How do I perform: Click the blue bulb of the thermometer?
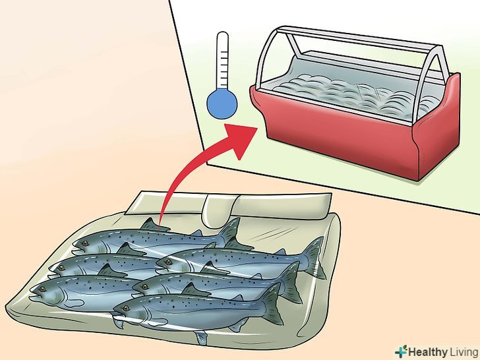pyautogui.click(x=222, y=104)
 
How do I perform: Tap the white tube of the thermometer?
pyautogui.click(x=222, y=61)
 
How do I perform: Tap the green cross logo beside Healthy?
pyautogui.click(x=401, y=351)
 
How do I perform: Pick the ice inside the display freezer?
pyautogui.click(x=352, y=92)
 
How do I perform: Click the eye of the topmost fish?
pyautogui.click(x=84, y=243)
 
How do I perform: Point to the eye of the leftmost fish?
pyautogui.click(x=42, y=289)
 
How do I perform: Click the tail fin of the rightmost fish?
pyautogui.click(x=315, y=257)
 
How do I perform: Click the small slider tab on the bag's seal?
pyautogui.click(x=218, y=211)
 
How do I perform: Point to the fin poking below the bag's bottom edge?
pyautogui.click(x=201, y=338)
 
